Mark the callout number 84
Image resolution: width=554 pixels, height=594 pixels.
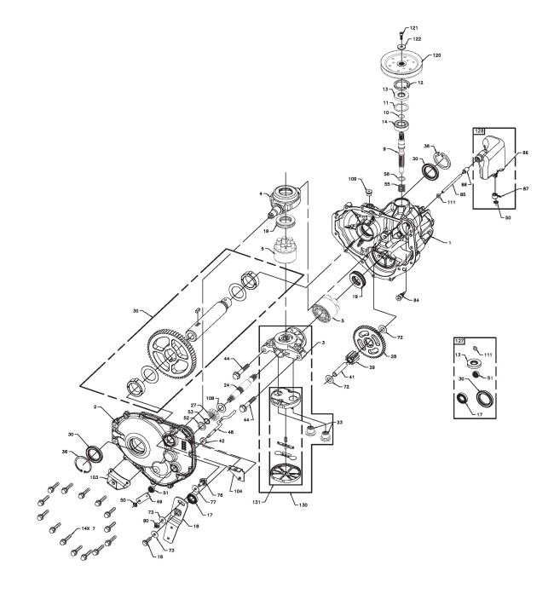[x=416, y=300]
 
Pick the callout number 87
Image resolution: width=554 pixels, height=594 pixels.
[x=526, y=189]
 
